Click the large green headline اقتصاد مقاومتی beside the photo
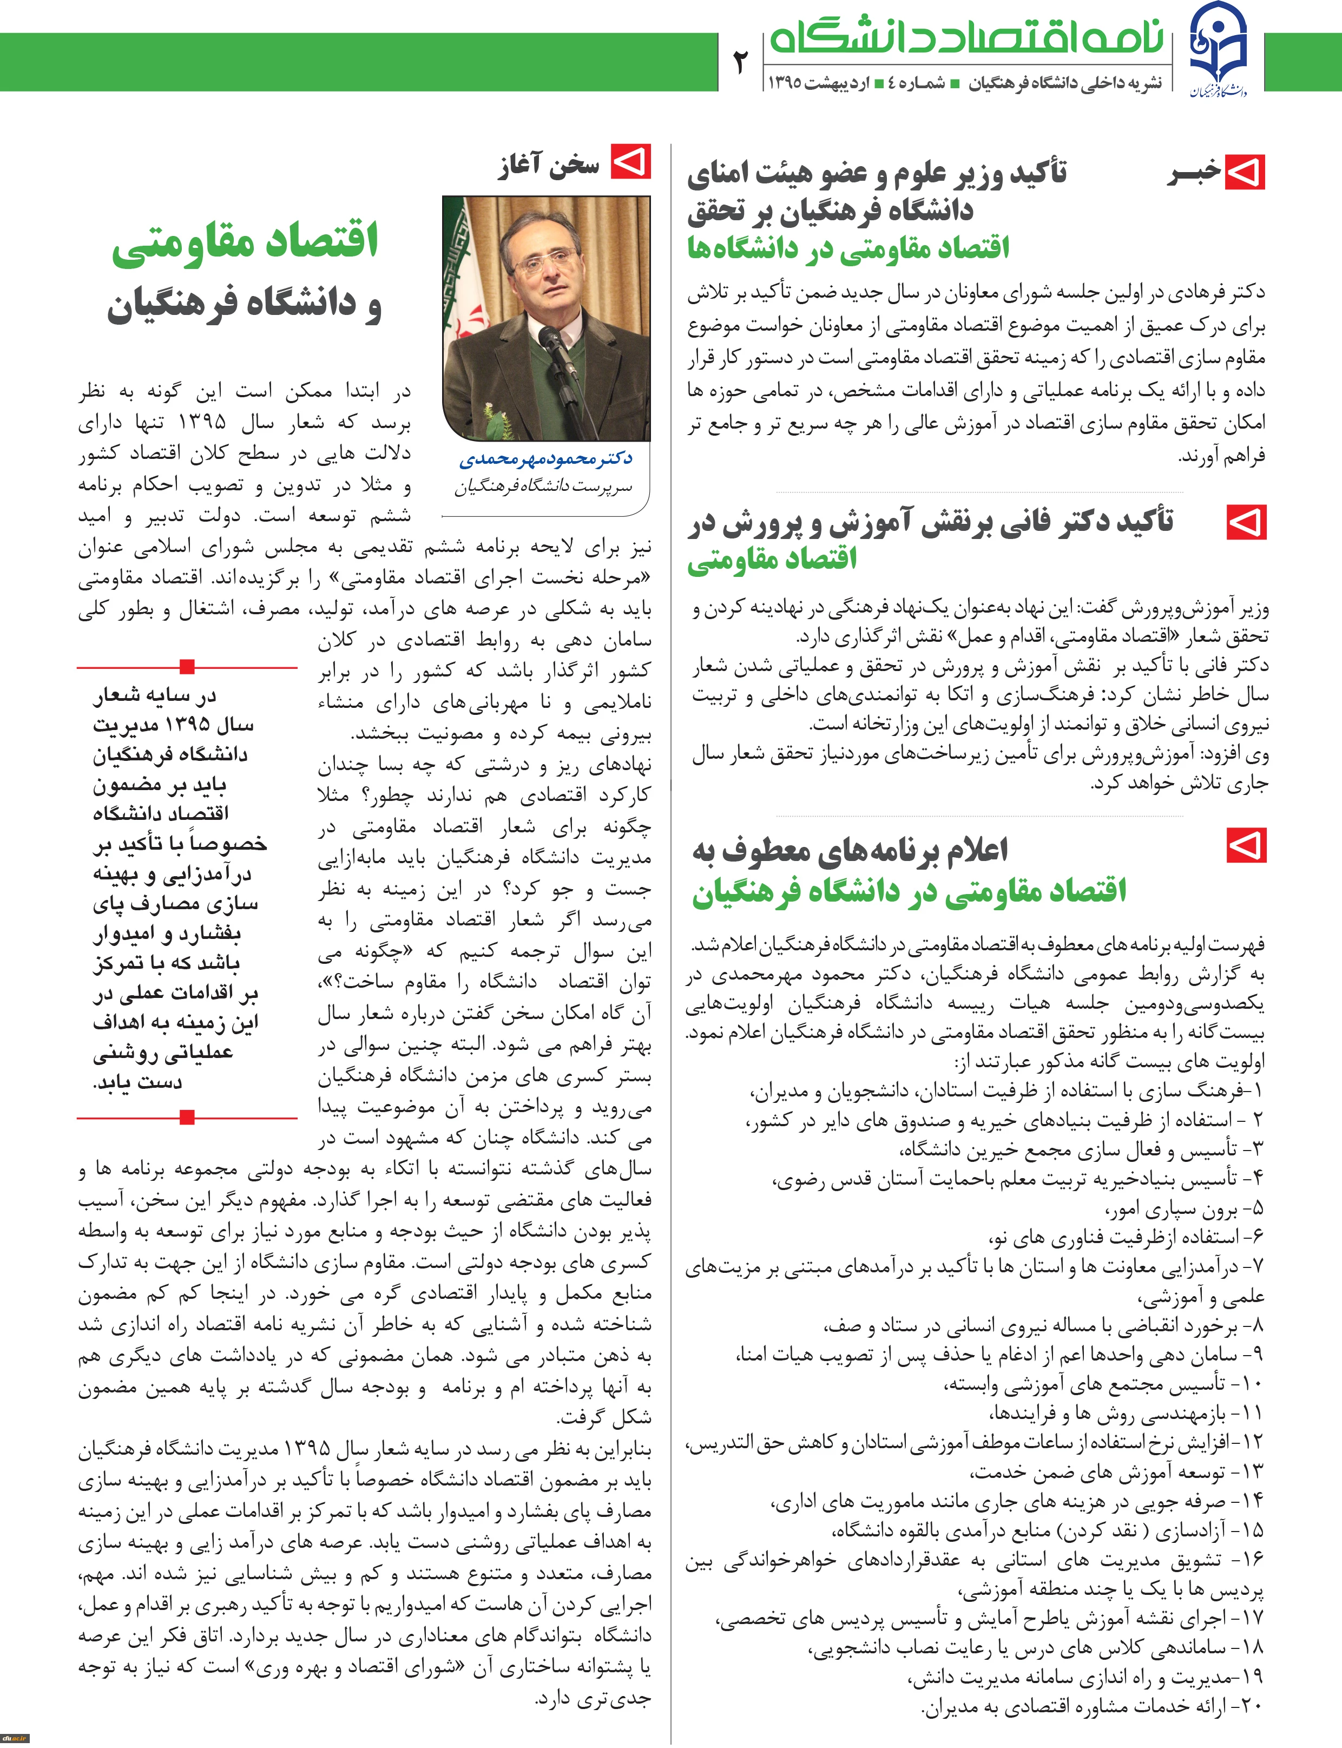click(x=245, y=242)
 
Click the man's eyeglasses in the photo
click(x=545, y=262)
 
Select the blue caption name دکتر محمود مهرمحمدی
click(x=545, y=458)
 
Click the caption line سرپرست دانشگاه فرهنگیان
click(x=543, y=486)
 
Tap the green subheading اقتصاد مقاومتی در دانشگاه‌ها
click(x=848, y=248)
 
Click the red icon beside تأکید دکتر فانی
click(x=1246, y=523)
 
